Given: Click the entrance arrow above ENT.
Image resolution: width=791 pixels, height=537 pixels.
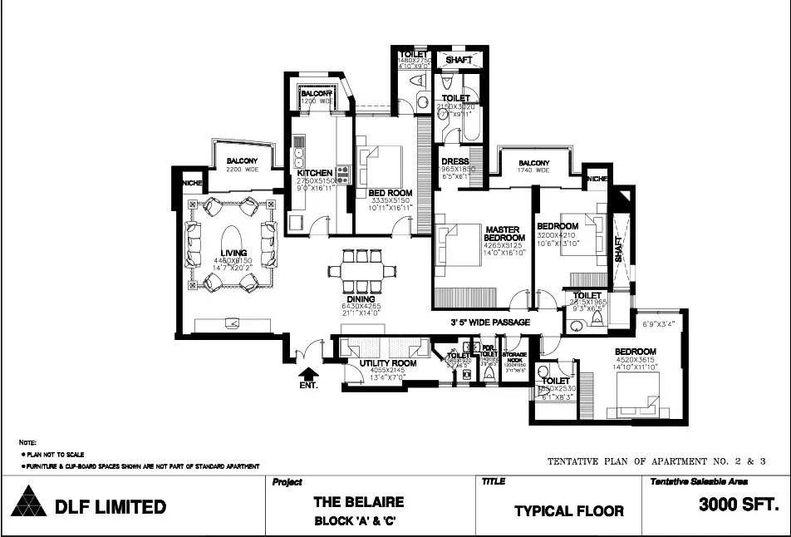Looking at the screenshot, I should pos(307,373).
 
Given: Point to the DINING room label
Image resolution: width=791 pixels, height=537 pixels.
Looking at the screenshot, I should pos(361,299).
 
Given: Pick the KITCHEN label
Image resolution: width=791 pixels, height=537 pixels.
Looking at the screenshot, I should pos(314,173).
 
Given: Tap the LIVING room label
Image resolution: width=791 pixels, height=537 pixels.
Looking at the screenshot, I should pos(233,252).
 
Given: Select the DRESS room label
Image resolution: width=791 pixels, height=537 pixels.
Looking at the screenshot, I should pos(454,161).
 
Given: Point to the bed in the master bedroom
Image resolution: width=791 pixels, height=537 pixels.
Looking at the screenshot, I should pos(460,244).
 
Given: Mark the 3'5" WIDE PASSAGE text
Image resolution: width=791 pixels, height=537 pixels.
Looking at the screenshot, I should pos(490,322).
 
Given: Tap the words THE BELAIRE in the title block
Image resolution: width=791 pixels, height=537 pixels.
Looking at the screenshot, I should pos(358,502).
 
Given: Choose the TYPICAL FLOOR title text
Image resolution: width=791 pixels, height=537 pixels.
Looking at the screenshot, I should pos(568,510).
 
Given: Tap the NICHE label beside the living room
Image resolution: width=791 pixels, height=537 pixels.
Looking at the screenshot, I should pos(193,183).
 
